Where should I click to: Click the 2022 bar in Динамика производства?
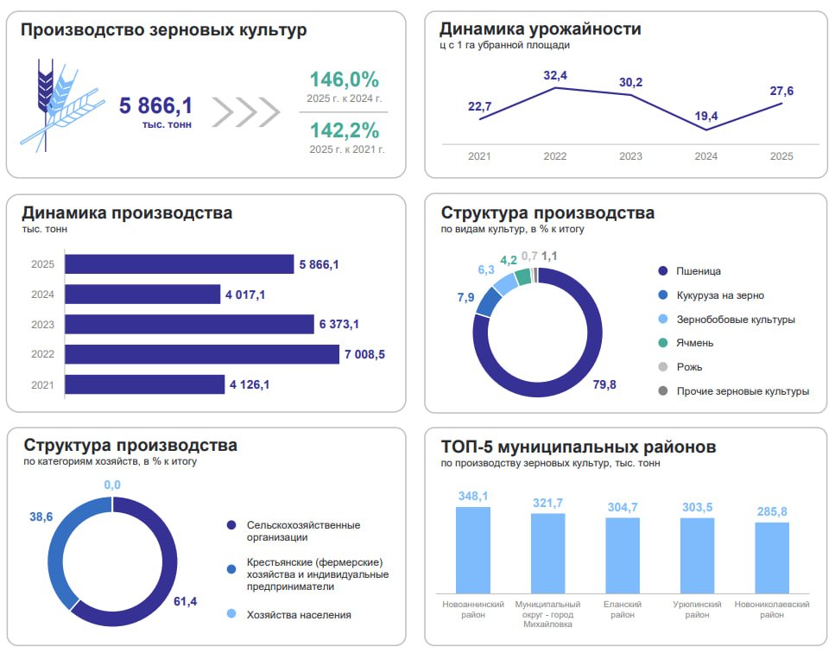click(x=202, y=354)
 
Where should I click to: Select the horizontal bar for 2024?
click(x=142, y=295)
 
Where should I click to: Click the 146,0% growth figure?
click(x=345, y=79)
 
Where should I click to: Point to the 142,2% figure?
click(x=345, y=130)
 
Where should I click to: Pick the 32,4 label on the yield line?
click(x=555, y=76)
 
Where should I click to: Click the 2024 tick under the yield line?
click(x=706, y=157)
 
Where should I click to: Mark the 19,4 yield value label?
click(x=706, y=116)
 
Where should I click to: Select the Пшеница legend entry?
click(x=699, y=271)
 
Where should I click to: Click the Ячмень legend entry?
click(x=694, y=343)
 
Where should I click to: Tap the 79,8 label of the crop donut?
click(x=605, y=384)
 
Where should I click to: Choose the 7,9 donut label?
click(x=465, y=298)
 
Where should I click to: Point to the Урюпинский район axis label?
click(x=697, y=609)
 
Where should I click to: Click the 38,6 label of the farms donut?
click(x=42, y=516)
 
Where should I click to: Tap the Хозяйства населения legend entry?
click(x=298, y=615)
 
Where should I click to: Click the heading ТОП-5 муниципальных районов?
click(x=578, y=447)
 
